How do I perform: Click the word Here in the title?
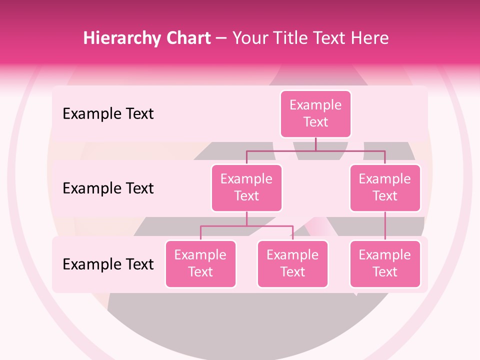pyautogui.click(x=369, y=38)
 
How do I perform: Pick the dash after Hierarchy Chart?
pyautogui.click(x=221, y=38)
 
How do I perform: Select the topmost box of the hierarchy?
pyautogui.click(x=315, y=114)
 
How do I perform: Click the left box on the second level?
pyautogui.click(x=246, y=188)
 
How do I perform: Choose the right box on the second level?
pyautogui.click(x=385, y=188)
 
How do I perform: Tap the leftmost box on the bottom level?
pyautogui.click(x=200, y=264)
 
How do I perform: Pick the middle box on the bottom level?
pyautogui.click(x=292, y=264)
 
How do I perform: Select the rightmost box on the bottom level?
pyautogui.click(x=385, y=264)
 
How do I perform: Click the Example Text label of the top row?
pyautogui.click(x=108, y=114)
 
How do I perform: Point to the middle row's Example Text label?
pyautogui.click(x=108, y=188)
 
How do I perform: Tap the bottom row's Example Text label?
pyautogui.click(x=108, y=264)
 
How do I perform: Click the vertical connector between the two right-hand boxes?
pyautogui.click(x=385, y=226)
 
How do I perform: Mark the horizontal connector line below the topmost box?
pyautogui.click(x=350, y=150)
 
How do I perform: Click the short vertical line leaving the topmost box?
pyautogui.click(x=315, y=144)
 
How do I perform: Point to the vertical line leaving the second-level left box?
pyautogui.click(x=246, y=218)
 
